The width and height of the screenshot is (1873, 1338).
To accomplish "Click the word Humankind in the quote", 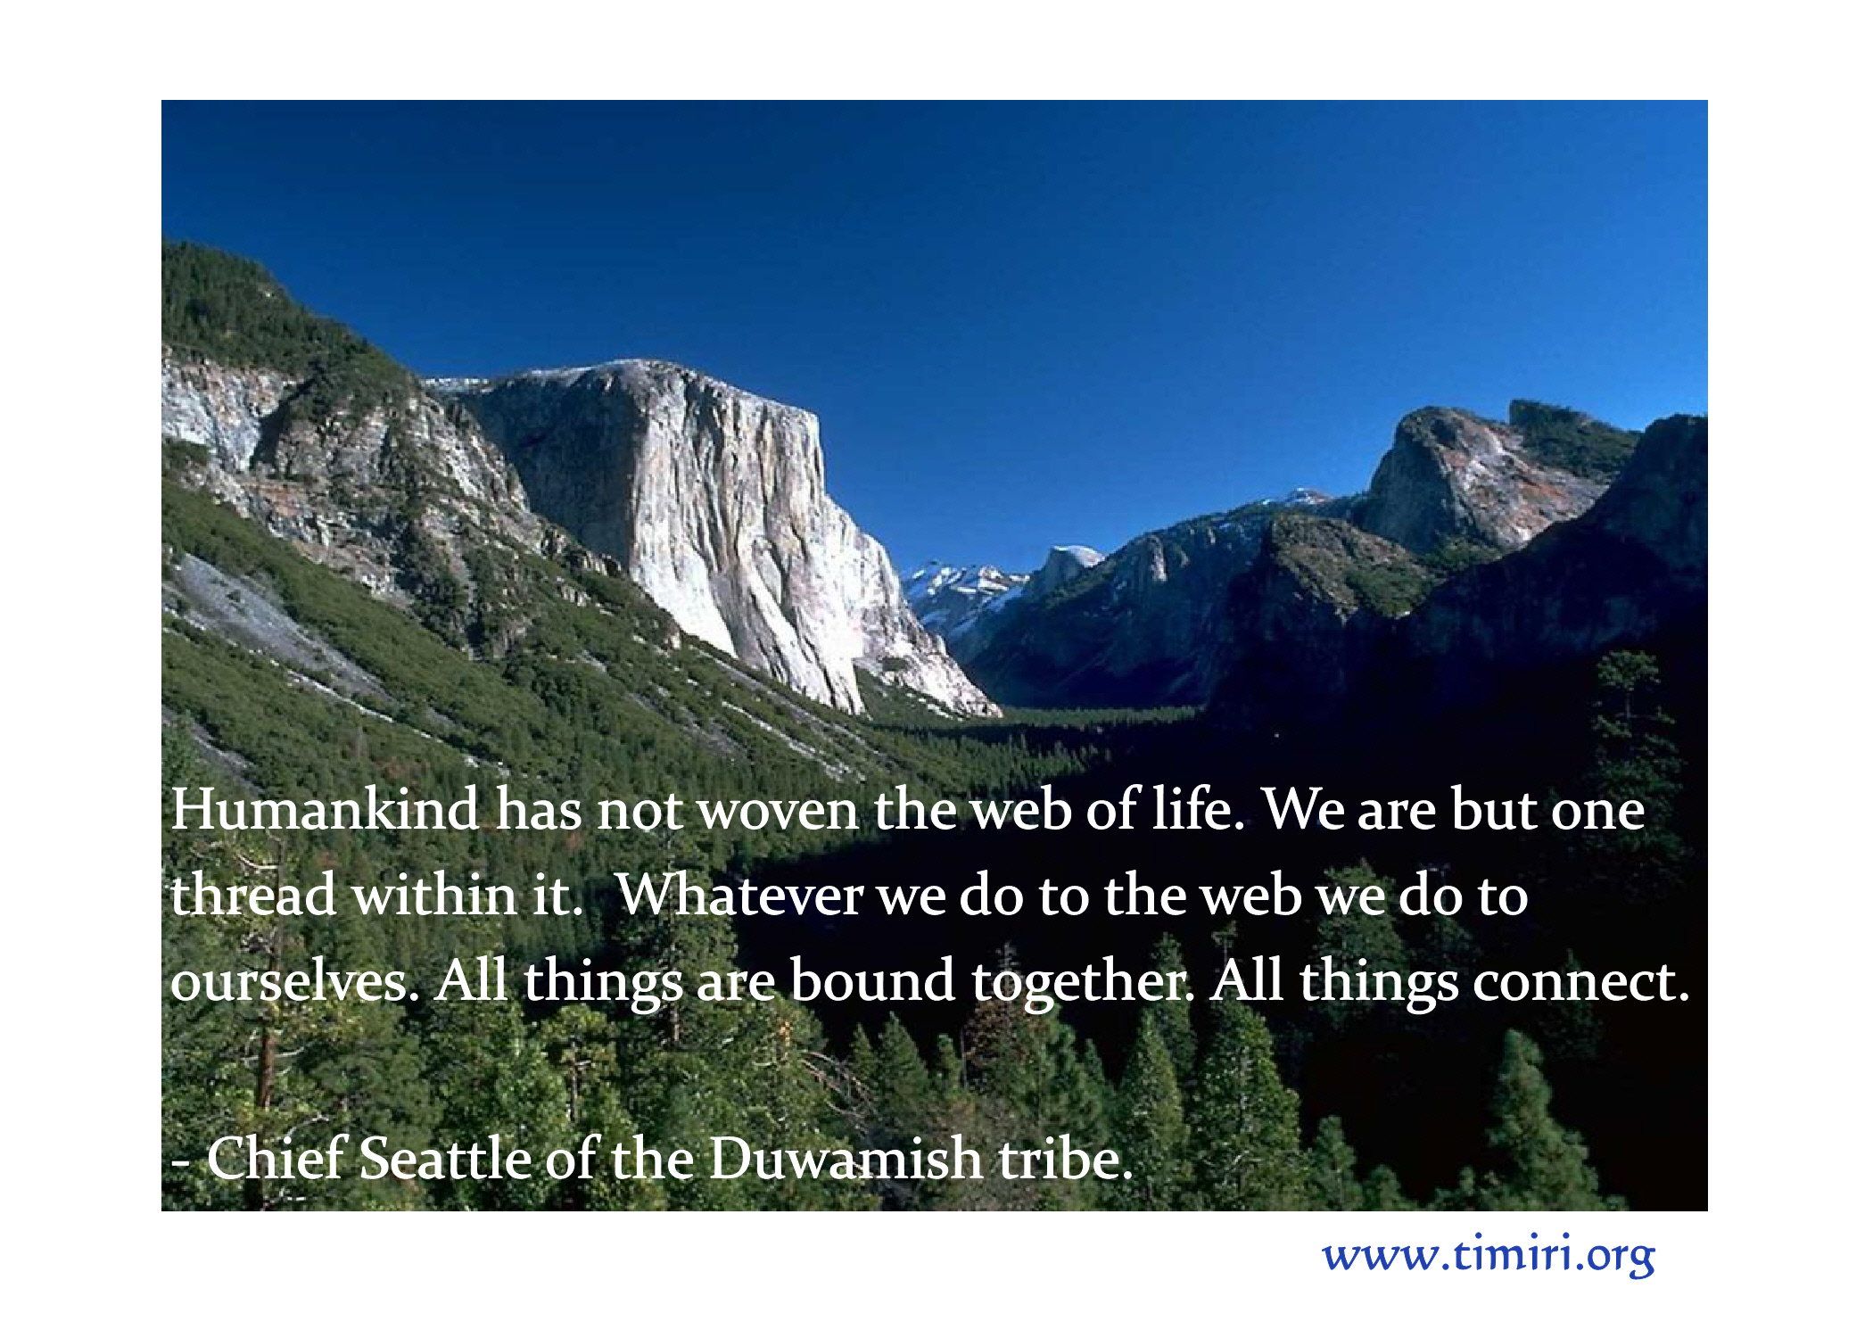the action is point(325,809).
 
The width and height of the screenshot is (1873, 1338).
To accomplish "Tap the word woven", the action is point(778,812).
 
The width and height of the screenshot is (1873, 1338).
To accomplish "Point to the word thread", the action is point(253,895).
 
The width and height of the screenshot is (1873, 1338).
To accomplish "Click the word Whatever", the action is point(739,895).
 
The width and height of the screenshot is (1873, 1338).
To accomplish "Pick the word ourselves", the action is point(294,980).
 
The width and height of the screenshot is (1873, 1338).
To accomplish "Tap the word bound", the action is point(872,980).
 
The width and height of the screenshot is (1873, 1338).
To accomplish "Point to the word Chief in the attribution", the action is point(276,1158).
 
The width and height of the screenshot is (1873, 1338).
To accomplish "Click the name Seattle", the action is point(445,1158).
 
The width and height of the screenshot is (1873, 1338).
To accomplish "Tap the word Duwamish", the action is point(845,1158).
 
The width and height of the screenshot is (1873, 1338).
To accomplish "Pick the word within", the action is point(434,895).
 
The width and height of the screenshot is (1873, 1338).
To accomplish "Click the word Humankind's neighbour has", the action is point(539,809).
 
